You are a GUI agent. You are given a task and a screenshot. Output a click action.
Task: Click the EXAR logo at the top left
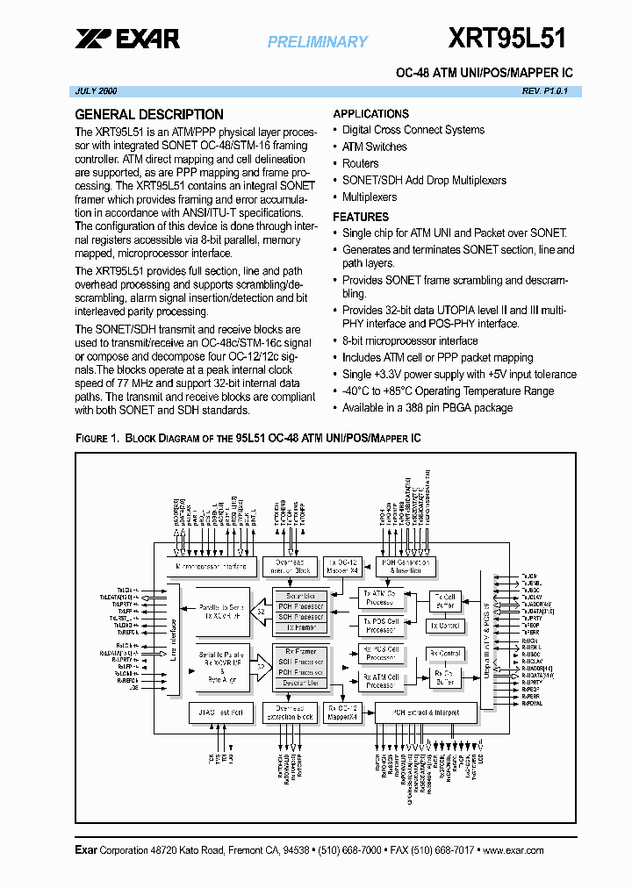[x=127, y=39]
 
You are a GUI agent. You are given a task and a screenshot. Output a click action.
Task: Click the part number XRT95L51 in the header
[x=507, y=38]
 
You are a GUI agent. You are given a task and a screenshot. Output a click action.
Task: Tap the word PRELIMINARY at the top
[x=318, y=41]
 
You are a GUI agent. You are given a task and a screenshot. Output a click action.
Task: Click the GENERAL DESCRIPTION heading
[x=149, y=114]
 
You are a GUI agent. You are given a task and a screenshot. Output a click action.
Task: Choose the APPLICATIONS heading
[x=370, y=114]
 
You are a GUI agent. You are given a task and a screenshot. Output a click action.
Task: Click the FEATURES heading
[x=361, y=217]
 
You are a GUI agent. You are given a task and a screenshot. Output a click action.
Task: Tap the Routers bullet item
[x=360, y=163]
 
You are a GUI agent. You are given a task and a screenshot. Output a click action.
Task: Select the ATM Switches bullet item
[x=374, y=147]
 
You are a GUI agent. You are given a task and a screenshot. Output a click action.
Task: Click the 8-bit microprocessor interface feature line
[x=410, y=340]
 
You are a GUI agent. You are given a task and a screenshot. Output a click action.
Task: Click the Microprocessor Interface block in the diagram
[x=216, y=566]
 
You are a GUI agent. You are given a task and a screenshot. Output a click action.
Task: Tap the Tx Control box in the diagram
[x=445, y=626]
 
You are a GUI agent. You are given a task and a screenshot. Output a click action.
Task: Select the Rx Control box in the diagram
[x=445, y=654]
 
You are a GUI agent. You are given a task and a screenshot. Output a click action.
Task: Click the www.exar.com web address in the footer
[x=513, y=850]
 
